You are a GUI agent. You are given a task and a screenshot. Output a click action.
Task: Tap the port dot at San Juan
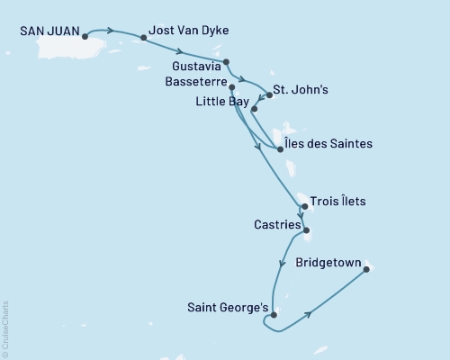85,37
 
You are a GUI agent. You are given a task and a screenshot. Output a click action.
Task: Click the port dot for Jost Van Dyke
144,38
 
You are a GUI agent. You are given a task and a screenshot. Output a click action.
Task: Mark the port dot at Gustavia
226,62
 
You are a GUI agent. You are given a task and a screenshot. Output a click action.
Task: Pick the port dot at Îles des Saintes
280,149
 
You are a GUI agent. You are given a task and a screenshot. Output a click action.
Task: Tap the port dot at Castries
307,230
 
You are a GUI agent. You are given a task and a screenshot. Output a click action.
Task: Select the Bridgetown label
328,265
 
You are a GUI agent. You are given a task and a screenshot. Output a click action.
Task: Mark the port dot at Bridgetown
366,265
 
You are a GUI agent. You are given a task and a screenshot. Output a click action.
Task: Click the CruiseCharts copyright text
5,328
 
